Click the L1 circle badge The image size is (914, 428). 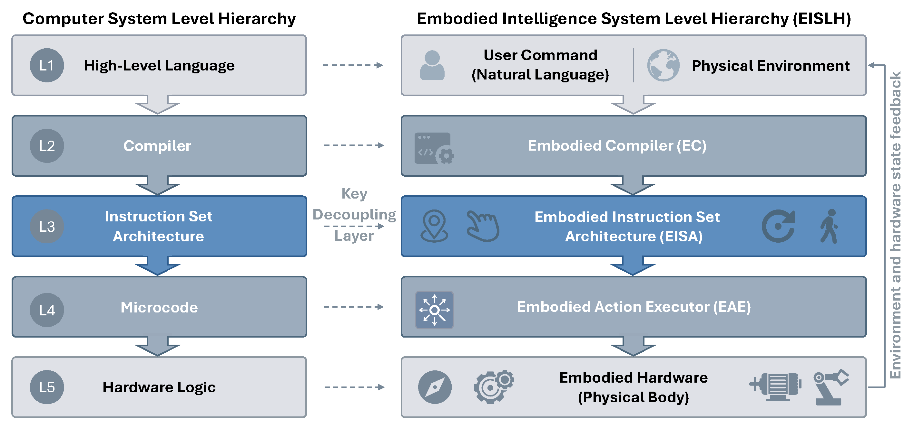(x=47, y=66)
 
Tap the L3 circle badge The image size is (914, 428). (x=47, y=227)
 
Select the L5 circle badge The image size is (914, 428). (x=47, y=387)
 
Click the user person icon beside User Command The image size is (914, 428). (x=432, y=65)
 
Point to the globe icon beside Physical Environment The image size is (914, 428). (x=663, y=65)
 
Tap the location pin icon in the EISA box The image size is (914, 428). (x=434, y=226)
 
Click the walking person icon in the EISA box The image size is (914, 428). (x=829, y=226)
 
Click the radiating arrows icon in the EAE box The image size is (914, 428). (x=434, y=310)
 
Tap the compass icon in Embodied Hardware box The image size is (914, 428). (x=435, y=387)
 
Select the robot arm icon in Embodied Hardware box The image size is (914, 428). (x=830, y=387)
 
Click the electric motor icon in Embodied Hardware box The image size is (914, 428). (x=775, y=387)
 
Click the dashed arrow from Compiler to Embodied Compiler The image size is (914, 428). (x=354, y=145)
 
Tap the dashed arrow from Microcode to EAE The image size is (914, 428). (x=354, y=307)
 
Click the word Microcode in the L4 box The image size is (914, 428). (x=159, y=307)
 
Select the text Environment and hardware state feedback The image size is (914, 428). (x=895, y=225)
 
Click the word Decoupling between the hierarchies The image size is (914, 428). (x=354, y=215)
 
